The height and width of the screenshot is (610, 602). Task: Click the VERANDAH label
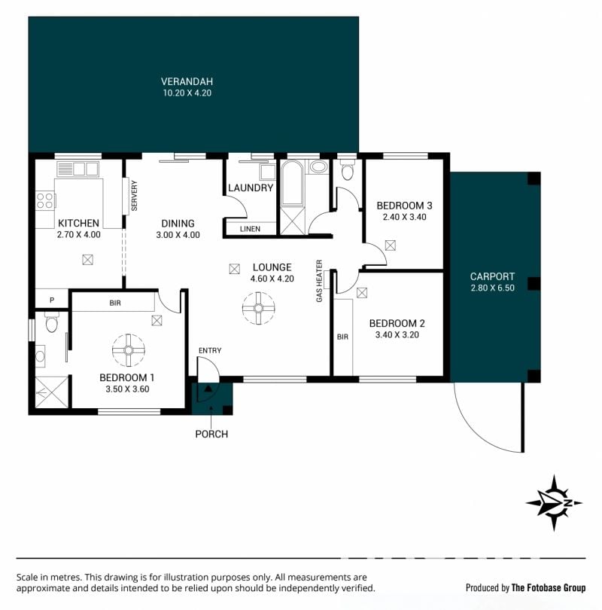tap(187, 81)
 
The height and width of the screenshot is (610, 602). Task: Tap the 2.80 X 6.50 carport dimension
tap(492, 288)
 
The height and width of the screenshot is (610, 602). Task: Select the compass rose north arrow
tap(554, 502)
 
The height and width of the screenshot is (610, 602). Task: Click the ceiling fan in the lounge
tap(258, 308)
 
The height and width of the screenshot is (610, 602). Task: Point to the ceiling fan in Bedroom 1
tap(129, 350)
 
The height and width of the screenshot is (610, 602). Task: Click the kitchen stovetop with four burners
tap(44, 200)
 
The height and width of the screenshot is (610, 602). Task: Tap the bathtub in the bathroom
tap(292, 183)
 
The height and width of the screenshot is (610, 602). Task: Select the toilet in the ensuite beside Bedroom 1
tap(52, 322)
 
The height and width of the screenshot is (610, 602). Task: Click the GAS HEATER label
tap(320, 281)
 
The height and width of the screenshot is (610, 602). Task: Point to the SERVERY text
tap(135, 195)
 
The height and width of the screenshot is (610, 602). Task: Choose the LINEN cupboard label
tap(250, 229)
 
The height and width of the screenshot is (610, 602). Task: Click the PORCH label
tap(211, 434)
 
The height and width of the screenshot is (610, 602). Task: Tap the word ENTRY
tap(210, 350)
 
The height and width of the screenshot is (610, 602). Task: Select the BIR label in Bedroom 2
tap(342, 337)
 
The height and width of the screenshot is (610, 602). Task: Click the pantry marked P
tap(52, 300)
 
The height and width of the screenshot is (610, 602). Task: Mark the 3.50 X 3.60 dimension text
tap(127, 389)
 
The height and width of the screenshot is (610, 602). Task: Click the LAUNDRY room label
tap(251, 188)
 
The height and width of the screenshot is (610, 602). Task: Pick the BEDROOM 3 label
tap(404, 206)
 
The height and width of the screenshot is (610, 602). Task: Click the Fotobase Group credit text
tap(525, 587)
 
